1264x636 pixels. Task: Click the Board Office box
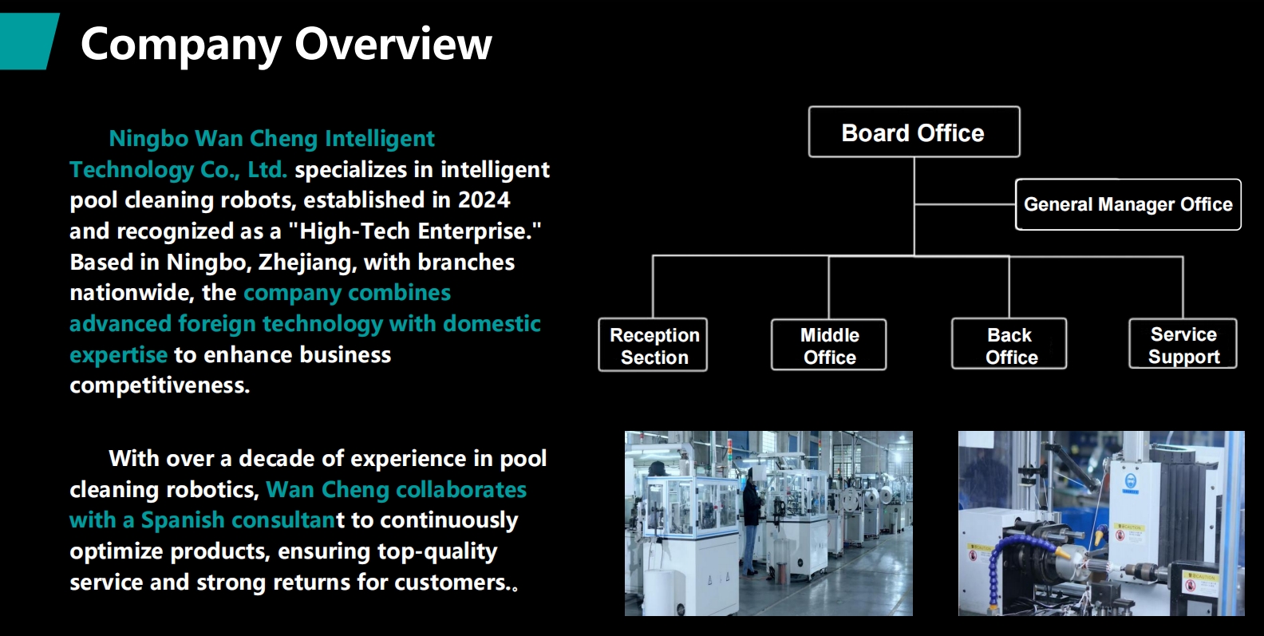(x=914, y=132)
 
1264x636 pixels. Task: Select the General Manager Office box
(x=1128, y=204)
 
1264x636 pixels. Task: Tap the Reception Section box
(x=653, y=345)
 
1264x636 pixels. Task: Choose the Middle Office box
(x=829, y=345)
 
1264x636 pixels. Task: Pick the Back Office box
(x=1009, y=344)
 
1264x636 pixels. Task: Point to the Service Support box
(x=1183, y=344)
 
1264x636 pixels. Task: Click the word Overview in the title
(x=393, y=44)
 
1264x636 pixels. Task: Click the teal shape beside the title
(x=28, y=41)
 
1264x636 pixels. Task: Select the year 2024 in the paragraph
(x=484, y=199)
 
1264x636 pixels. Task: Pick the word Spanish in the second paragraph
(x=183, y=519)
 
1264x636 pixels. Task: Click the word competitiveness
(x=160, y=385)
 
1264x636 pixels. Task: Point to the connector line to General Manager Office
(x=965, y=204)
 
